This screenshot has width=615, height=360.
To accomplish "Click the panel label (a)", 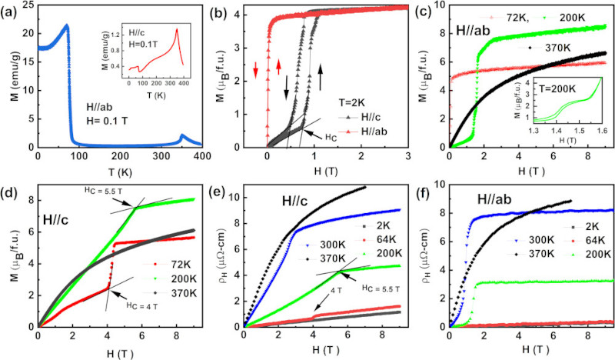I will point(13,10).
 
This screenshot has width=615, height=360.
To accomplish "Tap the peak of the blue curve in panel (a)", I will point(67,25).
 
